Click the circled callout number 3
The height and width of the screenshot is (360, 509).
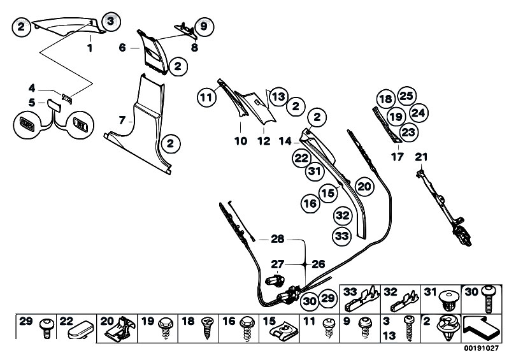click(x=110, y=22)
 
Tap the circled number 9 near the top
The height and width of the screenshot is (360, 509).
click(x=204, y=27)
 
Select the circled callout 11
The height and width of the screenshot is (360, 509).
click(x=205, y=98)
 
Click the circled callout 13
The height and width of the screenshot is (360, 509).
click(x=278, y=97)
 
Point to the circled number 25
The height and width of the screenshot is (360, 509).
click(x=406, y=96)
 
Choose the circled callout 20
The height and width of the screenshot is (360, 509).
click(x=363, y=186)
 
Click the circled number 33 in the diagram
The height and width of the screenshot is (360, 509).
click(x=342, y=236)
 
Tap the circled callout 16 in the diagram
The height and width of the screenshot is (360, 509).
click(x=310, y=204)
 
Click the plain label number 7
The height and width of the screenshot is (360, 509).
click(x=123, y=119)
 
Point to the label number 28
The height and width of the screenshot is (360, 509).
click(x=277, y=239)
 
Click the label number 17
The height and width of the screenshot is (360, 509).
click(x=396, y=157)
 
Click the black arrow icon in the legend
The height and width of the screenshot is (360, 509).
click(x=481, y=327)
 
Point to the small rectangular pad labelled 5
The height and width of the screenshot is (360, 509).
click(x=53, y=103)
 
